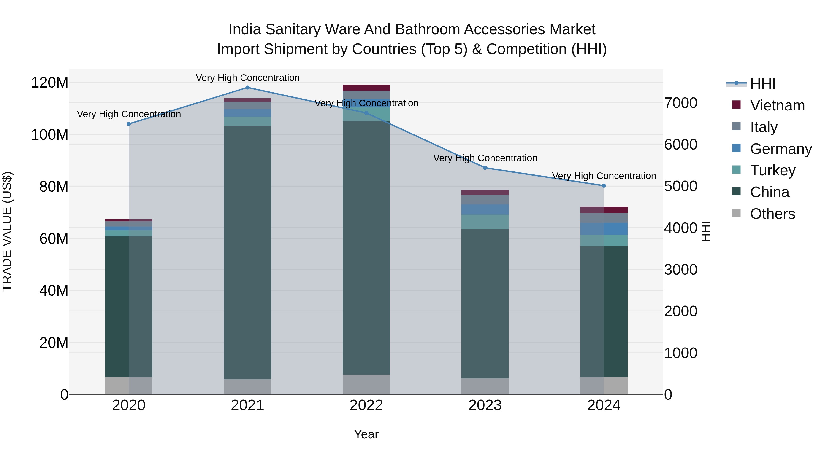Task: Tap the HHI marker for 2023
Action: pyautogui.click(x=485, y=168)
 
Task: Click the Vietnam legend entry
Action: pyautogui.click(x=777, y=105)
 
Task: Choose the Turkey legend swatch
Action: pyautogui.click(x=736, y=170)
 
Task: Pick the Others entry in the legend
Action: pyautogui.click(x=772, y=214)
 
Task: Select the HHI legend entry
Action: pyautogui.click(x=763, y=84)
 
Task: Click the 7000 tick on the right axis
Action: pyautogui.click(x=680, y=103)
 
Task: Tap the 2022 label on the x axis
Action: pyautogui.click(x=366, y=405)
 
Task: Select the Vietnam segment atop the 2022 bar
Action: pyautogui.click(x=366, y=88)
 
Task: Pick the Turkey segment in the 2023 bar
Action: pyautogui.click(x=485, y=222)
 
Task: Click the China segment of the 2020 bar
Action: pyautogui.click(x=129, y=307)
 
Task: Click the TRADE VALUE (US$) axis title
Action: pyautogui.click(x=7, y=231)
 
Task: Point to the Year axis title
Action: pyautogui.click(x=366, y=434)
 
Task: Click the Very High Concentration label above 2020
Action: pyautogui.click(x=129, y=114)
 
